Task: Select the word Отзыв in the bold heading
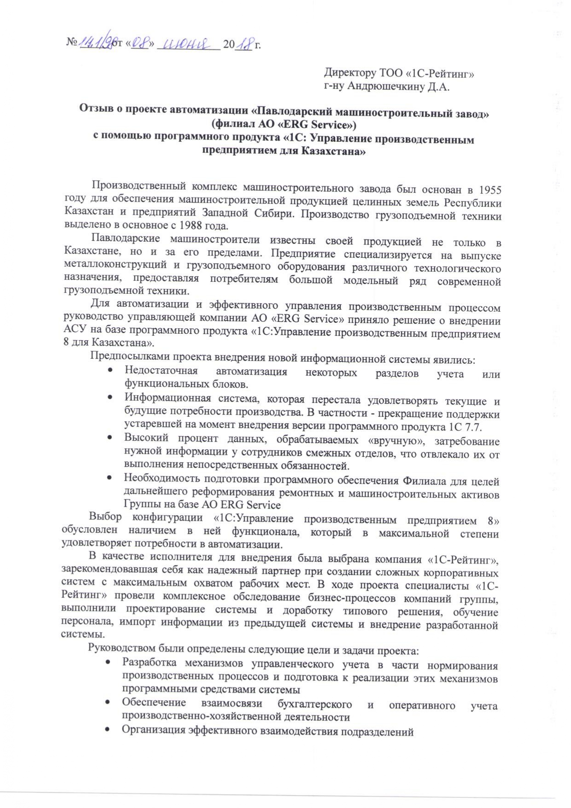(95, 109)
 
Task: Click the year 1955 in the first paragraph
(489, 190)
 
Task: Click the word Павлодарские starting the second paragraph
(125, 238)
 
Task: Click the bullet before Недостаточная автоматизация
(109, 371)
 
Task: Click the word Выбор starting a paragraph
(105, 516)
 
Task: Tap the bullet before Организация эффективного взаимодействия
(107, 730)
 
